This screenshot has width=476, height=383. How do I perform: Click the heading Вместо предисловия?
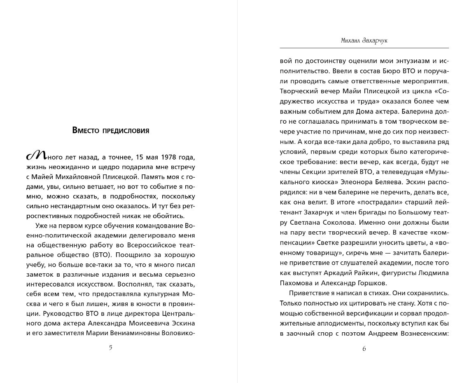110,131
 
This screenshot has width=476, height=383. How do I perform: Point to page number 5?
110,347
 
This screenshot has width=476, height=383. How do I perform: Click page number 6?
364,348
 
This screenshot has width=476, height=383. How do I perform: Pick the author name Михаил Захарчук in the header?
364,40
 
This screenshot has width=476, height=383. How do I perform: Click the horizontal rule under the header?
364,48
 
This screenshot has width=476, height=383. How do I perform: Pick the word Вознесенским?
424,333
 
